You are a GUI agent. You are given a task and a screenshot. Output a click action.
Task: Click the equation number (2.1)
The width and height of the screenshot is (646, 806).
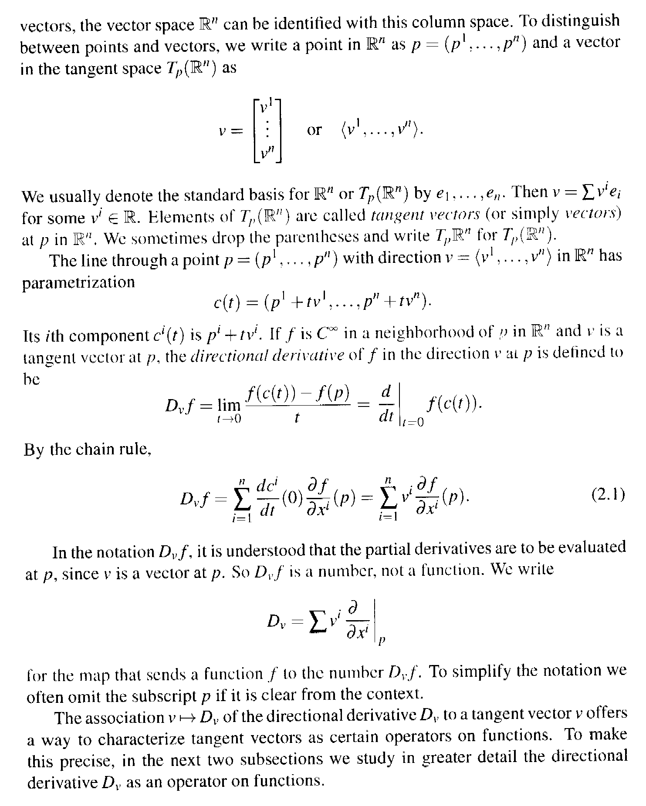[608, 495]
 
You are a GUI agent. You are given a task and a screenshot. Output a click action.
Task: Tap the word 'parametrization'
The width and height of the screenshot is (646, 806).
[78, 283]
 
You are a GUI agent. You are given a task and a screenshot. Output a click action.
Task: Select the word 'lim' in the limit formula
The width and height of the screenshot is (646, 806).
[229, 405]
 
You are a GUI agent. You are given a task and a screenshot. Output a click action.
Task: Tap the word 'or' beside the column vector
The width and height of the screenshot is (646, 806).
[314, 130]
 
